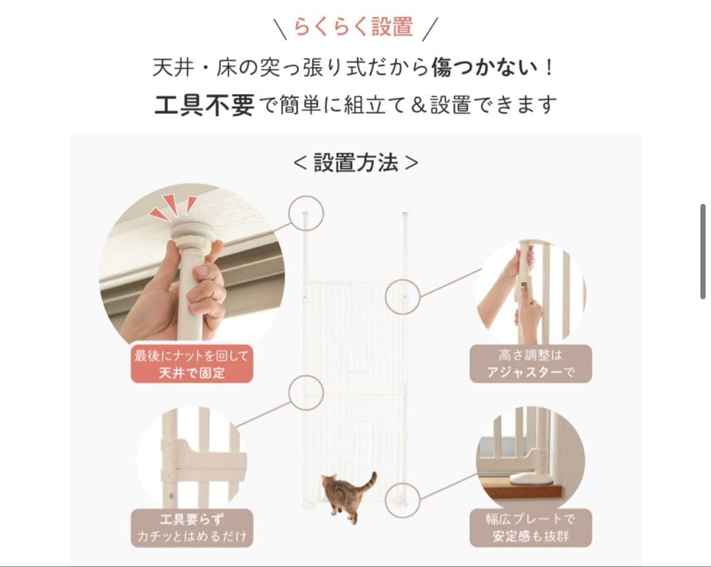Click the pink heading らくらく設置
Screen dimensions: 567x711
tap(354, 27)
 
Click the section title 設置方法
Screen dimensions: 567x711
tap(355, 163)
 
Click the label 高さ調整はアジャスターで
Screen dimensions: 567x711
tap(531, 364)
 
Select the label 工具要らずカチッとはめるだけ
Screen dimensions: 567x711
tap(192, 528)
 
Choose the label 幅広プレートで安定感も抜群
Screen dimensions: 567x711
tap(531, 528)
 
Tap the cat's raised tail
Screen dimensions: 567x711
tap(371, 480)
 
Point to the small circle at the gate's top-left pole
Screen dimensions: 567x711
tap(305, 213)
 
